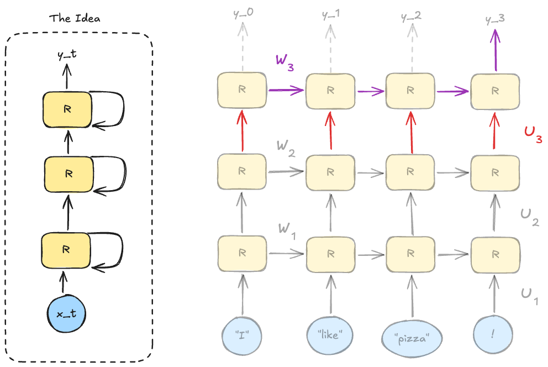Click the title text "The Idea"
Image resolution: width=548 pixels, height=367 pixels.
click(x=75, y=18)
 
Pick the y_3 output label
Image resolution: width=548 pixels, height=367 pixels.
click(x=494, y=18)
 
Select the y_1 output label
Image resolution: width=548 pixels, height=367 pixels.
click(x=330, y=13)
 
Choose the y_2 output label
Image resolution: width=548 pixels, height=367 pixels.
click(x=410, y=15)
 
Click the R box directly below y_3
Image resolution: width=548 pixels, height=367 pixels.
click(x=494, y=90)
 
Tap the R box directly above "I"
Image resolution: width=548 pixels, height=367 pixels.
click(x=242, y=253)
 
